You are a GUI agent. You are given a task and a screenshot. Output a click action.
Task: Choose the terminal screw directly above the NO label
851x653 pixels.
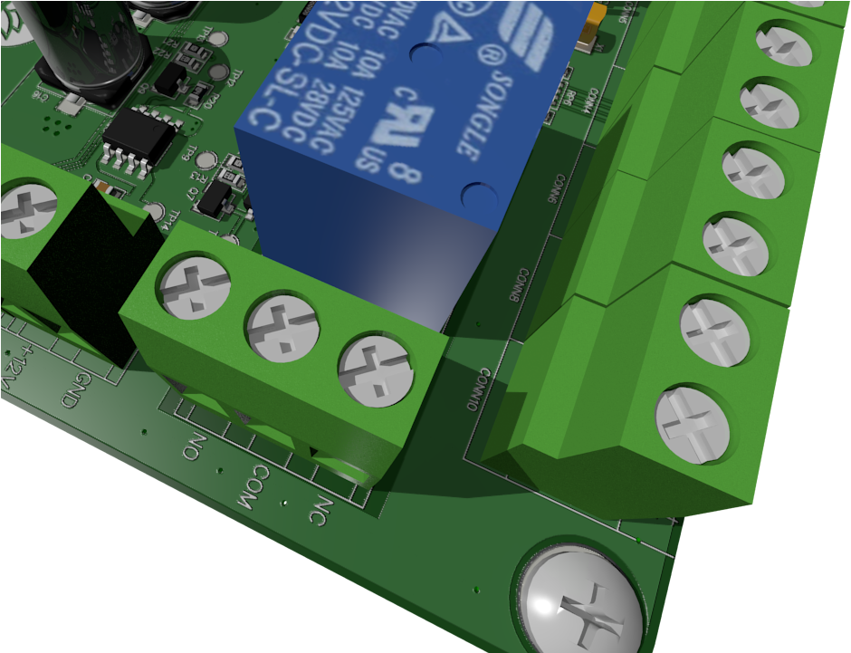click(x=195, y=286)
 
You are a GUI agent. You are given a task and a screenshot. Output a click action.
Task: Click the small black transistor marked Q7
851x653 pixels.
click(x=212, y=199)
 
